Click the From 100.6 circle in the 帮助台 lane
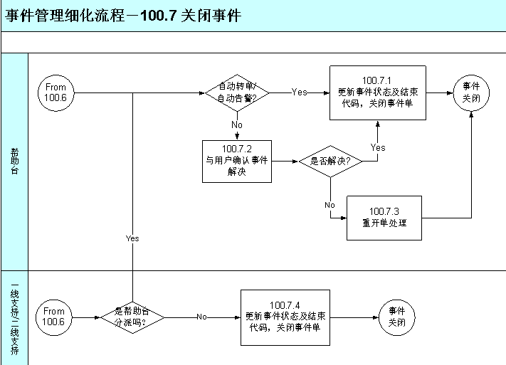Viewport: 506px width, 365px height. click(56, 92)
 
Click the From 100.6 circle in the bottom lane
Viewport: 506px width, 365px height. click(54, 317)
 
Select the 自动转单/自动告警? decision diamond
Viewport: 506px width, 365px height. click(237, 92)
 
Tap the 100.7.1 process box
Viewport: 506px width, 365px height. click(377, 92)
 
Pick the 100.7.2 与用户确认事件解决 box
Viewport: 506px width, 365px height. click(237, 162)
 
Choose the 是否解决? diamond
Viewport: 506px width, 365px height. click(330, 162)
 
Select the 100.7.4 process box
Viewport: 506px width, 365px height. click(285, 317)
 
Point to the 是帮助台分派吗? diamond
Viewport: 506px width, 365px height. click(132, 317)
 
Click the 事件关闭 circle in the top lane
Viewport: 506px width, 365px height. click(471, 92)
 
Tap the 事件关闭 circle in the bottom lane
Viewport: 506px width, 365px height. click(396, 317)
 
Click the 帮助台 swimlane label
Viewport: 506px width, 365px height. click(15, 162)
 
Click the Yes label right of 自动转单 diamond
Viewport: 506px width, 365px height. click(300, 92)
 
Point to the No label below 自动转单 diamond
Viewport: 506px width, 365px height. click(237, 125)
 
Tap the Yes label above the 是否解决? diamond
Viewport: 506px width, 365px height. click(378, 147)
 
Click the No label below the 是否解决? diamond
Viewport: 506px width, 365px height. click(330, 205)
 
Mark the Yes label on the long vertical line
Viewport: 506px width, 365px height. click(132, 238)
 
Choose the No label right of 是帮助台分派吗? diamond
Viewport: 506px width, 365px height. click(202, 317)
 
